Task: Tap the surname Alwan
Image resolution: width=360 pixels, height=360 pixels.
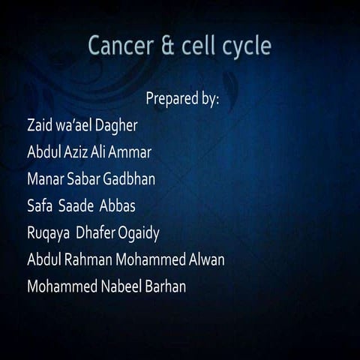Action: [205, 260]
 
